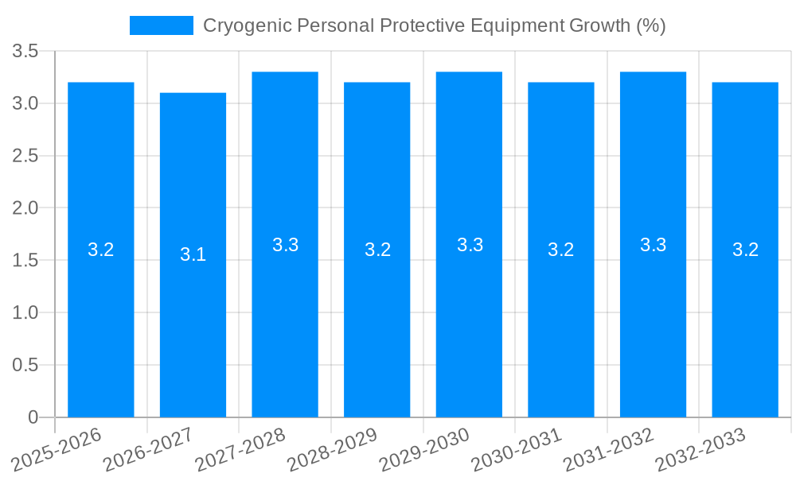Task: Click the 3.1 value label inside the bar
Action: pos(193,254)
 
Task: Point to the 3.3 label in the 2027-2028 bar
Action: pos(285,245)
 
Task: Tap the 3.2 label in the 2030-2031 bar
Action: pos(561,250)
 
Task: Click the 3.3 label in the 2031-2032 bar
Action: pos(653,245)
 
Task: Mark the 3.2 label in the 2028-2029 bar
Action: pos(377,250)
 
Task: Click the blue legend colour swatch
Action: pos(162,25)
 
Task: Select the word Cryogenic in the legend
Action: pos(246,25)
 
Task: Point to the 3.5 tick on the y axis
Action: pos(25,52)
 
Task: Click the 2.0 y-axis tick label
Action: pos(25,208)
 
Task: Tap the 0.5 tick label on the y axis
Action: pos(25,365)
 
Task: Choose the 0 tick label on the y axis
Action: pos(33,417)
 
